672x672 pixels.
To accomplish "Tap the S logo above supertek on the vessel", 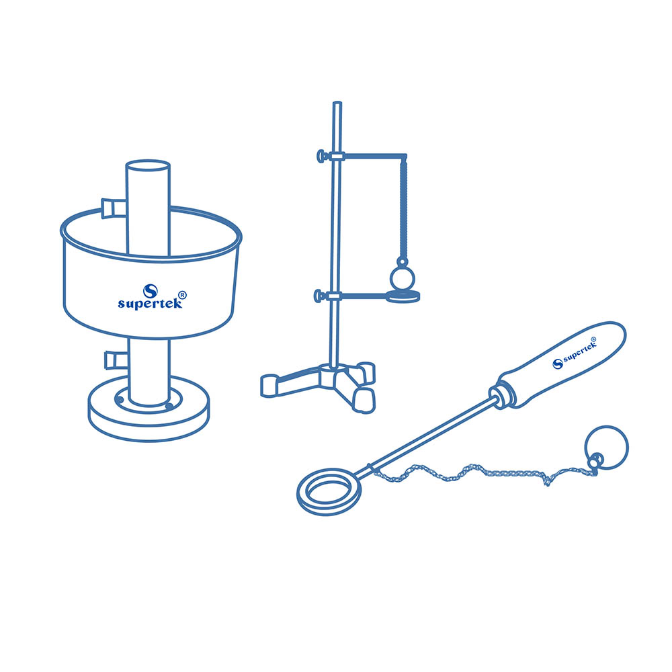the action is tap(151, 291).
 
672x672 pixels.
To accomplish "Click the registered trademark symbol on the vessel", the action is tap(182, 295).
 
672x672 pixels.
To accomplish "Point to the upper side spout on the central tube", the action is tap(114, 208).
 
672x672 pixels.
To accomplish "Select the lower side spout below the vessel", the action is tap(116, 360).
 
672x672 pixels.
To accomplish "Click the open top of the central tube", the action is tap(148, 165).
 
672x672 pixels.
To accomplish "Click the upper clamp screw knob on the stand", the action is tap(322, 156).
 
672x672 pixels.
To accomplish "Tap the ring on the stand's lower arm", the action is tap(403, 296).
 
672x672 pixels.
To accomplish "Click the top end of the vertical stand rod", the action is tap(337, 103).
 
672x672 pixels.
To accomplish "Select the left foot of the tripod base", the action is tap(270, 385).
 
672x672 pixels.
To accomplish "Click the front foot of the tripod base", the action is tap(364, 402).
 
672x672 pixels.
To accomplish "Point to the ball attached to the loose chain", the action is tap(606, 448).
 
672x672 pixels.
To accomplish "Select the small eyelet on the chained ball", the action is tap(595, 461).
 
